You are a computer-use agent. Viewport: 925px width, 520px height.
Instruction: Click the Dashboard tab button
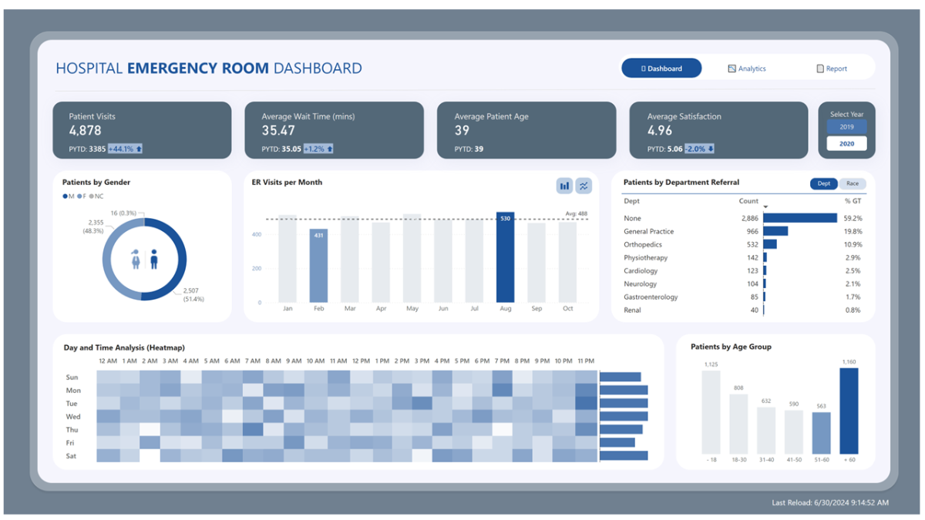click(661, 69)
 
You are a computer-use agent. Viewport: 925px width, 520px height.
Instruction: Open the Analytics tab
click(747, 69)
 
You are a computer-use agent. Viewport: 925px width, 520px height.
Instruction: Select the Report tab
click(832, 69)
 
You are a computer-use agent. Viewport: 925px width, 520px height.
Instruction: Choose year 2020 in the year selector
click(846, 143)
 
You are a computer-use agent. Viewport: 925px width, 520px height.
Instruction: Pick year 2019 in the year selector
click(846, 126)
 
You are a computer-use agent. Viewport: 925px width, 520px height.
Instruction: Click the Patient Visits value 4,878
click(85, 131)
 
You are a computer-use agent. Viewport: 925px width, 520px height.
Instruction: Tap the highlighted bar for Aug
click(505, 257)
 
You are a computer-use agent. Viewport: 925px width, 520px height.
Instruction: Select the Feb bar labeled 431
click(319, 265)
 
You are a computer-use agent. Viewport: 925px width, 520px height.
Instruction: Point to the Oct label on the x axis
click(567, 309)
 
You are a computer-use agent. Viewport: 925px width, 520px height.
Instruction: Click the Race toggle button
click(852, 183)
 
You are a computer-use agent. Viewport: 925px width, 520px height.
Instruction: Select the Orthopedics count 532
click(748, 244)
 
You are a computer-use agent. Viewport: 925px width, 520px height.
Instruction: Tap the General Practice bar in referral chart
click(775, 231)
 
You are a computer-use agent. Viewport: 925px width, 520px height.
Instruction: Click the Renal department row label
click(632, 310)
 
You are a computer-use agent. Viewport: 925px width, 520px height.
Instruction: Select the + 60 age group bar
click(849, 411)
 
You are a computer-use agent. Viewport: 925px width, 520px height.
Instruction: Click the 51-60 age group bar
click(822, 433)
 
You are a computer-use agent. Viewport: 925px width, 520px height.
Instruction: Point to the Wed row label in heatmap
click(72, 417)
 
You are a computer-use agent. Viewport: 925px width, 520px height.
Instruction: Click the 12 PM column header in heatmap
click(360, 361)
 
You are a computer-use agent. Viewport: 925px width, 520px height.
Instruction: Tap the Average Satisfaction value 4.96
click(660, 131)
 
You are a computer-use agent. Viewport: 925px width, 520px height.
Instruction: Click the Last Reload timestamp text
click(829, 503)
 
